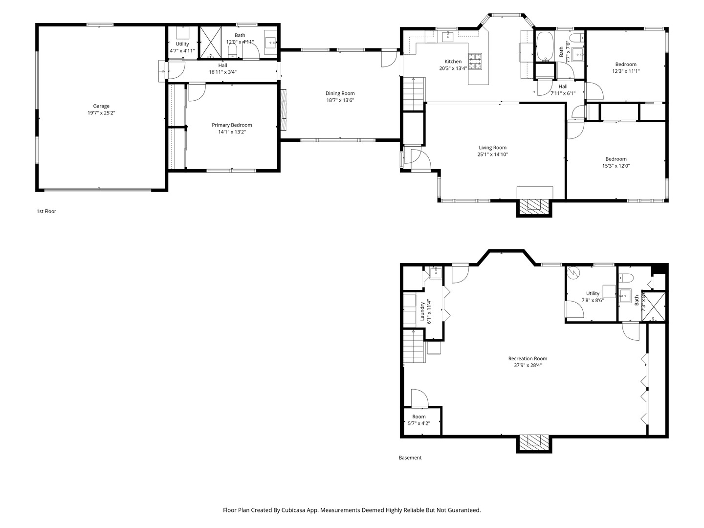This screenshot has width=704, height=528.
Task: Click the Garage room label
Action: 101,106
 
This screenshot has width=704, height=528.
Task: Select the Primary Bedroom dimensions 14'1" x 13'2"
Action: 232,132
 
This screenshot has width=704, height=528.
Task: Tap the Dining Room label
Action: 340,93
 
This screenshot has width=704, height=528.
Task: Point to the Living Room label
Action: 492,148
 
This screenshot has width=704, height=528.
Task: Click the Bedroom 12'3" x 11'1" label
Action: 626,64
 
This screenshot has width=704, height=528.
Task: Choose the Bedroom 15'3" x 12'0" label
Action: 616,159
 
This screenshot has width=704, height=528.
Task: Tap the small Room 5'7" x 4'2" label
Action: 419,417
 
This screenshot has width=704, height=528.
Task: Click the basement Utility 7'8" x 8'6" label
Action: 593,294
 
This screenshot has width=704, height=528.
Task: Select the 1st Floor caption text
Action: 46,211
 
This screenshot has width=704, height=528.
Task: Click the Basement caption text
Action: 410,458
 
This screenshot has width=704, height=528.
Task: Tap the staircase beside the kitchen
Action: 414,94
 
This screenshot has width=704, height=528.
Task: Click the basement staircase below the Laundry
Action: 414,347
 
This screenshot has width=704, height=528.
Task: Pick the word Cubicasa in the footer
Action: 294,510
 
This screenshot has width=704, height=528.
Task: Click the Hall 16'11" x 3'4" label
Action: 222,65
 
